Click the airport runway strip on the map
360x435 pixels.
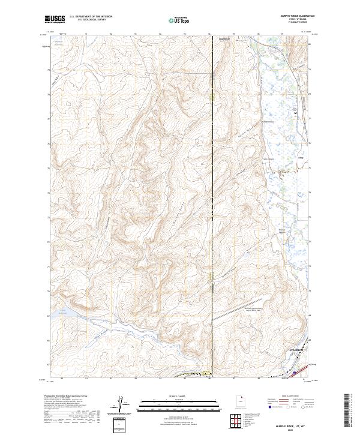click(x=232, y=313)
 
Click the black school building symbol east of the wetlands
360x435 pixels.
click(x=295, y=112)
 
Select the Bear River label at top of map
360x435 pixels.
click(x=223, y=40)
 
